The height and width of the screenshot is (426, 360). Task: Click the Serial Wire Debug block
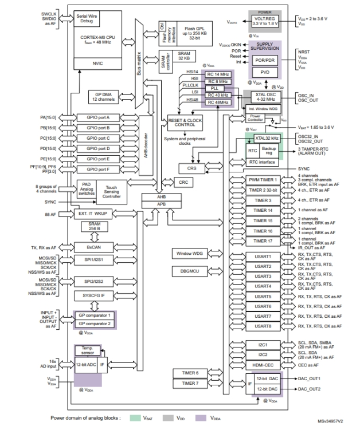(87, 18)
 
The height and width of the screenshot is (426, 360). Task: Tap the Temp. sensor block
(87, 350)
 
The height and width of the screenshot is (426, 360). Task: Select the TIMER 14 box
(263, 210)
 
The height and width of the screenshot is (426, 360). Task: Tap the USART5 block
(263, 297)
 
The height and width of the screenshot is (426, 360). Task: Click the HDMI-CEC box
(263, 364)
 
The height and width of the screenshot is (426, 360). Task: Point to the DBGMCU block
(186, 270)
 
